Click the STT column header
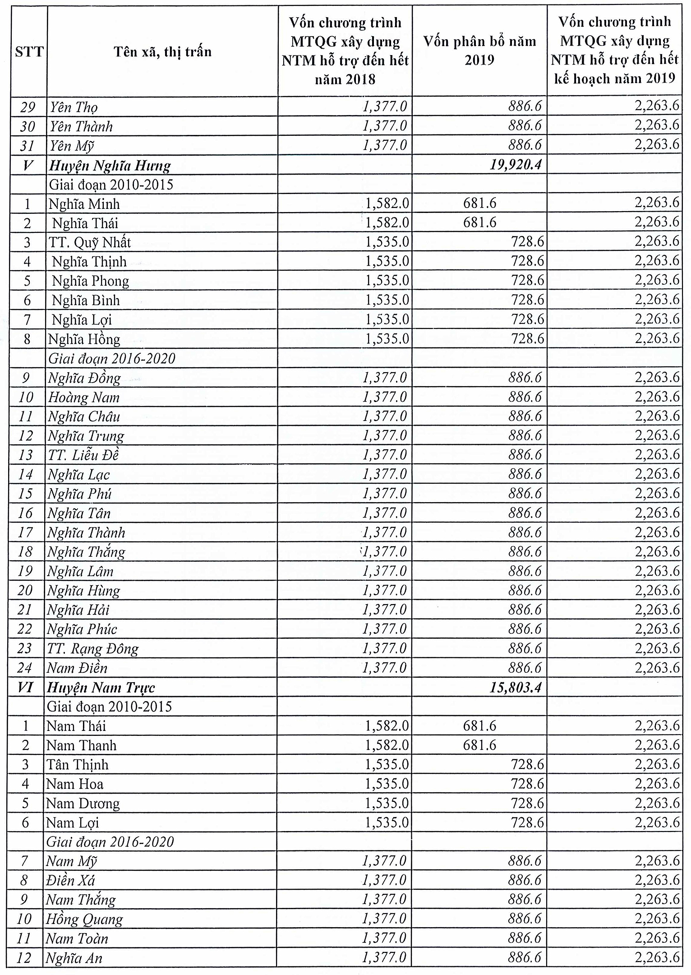[x=29, y=52]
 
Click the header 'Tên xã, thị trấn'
[x=162, y=52]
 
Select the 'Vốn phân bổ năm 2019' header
[x=479, y=51]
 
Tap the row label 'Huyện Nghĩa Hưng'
[x=110, y=166]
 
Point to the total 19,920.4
[x=516, y=166]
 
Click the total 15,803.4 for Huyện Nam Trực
[x=516, y=687]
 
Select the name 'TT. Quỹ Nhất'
[x=90, y=242]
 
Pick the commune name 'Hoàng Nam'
[x=84, y=397]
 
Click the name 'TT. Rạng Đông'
[x=93, y=648]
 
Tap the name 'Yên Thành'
[x=81, y=126]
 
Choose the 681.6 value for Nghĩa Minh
[x=479, y=203]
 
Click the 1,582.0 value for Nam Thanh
[x=387, y=745]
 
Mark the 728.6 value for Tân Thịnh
[x=527, y=764]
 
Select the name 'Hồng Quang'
[x=84, y=919]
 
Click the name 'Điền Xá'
[x=70, y=880]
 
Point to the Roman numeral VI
[x=25, y=687]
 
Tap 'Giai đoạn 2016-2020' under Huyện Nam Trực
[x=110, y=842]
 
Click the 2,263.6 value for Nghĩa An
[x=657, y=957]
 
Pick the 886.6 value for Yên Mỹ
[x=525, y=145]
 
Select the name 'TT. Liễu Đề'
[x=83, y=455]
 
